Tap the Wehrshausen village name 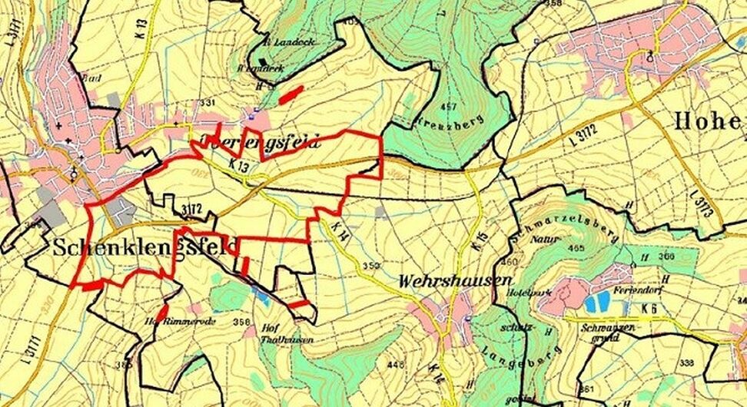pos(445,280)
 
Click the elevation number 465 pos(573,249)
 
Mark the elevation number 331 pos(207,103)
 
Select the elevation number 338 pos(687,362)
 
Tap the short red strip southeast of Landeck pos(290,94)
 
